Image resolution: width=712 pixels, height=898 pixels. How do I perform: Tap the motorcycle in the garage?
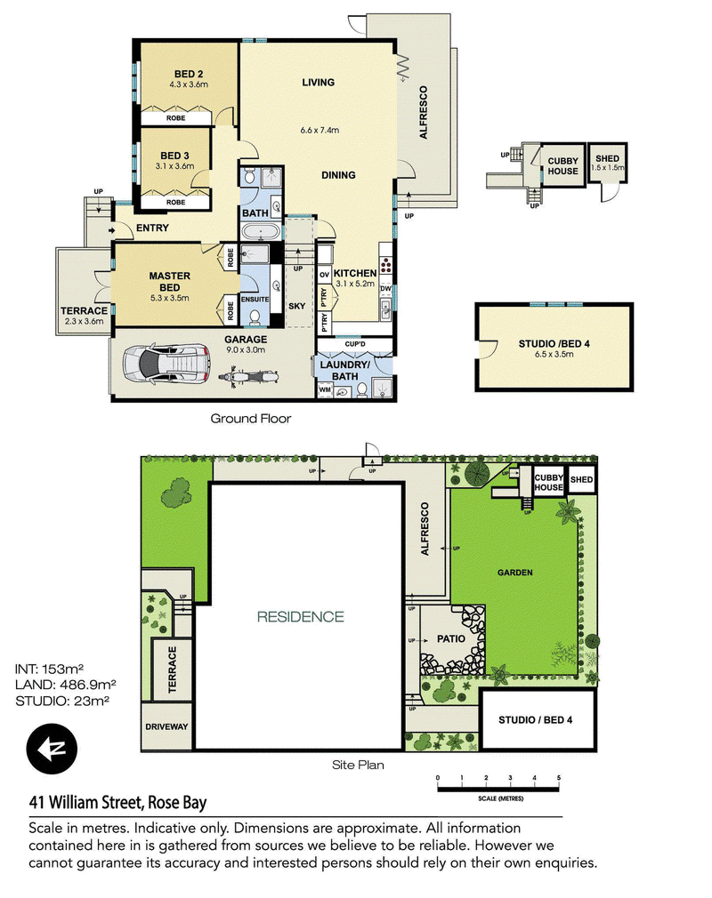coord(249,377)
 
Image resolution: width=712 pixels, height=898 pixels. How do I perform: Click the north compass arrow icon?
coord(52,750)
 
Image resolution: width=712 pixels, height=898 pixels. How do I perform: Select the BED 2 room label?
coord(189,74)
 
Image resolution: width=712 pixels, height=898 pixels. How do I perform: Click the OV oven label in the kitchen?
coord(325,275)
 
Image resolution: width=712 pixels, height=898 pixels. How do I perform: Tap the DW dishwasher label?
coord(385,289)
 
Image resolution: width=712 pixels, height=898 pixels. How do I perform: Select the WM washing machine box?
coord(325,390)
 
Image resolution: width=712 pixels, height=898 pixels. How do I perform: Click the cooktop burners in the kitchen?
coord(386,265)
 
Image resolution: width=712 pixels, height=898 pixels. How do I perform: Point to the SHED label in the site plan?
coord(581,480)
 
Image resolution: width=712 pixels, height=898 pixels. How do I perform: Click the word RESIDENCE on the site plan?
coord(301,617)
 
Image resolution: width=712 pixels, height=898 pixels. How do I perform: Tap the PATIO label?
coord(450,639)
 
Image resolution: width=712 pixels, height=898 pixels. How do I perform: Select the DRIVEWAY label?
coord(166,726)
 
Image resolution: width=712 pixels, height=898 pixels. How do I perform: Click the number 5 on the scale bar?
coord(558,778)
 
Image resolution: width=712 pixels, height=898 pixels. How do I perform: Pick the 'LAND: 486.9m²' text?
coord(66,685)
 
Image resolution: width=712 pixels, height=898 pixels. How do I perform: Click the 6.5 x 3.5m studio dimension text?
coord(554,355)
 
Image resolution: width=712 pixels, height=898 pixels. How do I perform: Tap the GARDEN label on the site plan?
coord(514,573)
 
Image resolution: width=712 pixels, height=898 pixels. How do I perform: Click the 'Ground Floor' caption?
coord(250,419)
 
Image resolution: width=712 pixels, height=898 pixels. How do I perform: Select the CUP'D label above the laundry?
coord(355,344)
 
